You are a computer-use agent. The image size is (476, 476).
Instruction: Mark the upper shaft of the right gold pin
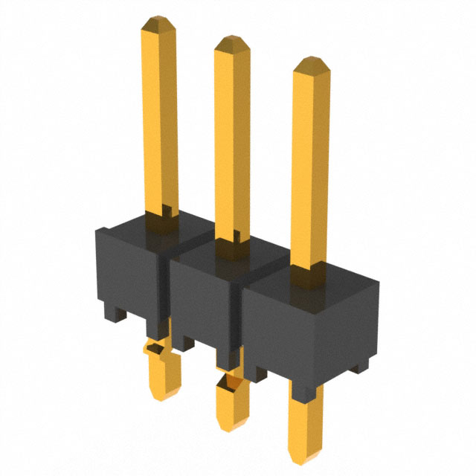point(311,171)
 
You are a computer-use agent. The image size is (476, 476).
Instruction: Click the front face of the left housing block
point(126,271)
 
